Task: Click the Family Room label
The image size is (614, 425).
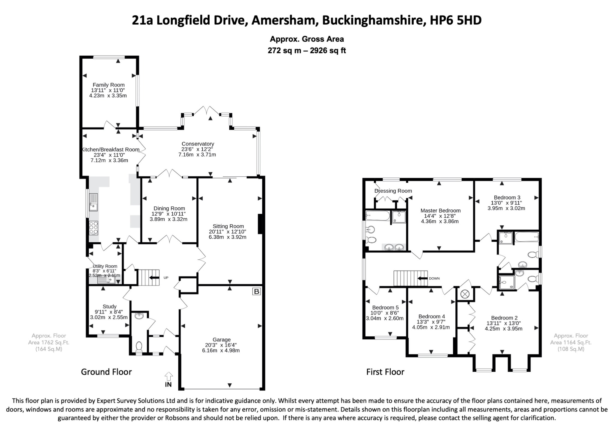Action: coord(109,85)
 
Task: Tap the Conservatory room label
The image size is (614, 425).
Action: coord(198,144)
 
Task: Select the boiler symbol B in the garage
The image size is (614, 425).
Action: coord(256,291)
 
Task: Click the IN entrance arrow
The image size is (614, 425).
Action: coord(168,376)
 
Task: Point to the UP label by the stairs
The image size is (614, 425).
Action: coord(166,278)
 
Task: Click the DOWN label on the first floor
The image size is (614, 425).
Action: coord(434,278)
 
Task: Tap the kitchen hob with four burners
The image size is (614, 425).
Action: coord(94,228)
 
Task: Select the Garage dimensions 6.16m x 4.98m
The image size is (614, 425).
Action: coord(221,350)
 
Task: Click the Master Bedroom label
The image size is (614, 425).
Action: coord(440,211)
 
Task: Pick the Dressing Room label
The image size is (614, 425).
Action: coord(393,191)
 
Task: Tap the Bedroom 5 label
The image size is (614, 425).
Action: coord(385,308)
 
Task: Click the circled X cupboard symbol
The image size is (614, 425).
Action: coord(465,294)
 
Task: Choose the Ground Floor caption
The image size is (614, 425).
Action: coord(106,372)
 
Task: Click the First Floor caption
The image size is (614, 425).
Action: coord(385,372)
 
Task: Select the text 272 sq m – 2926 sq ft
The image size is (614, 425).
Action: coord(307,50)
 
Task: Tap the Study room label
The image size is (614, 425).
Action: coord(109,306)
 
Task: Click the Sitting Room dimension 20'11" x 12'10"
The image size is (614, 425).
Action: coord(228,232)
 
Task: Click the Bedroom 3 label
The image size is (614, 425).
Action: coord(507,197)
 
